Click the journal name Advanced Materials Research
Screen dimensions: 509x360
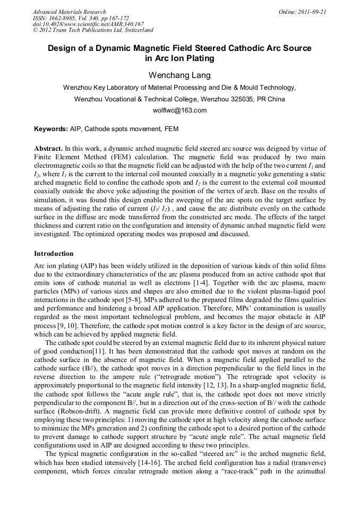69,12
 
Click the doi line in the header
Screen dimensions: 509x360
88,24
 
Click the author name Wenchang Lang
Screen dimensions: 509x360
179,75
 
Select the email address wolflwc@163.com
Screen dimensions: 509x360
179,110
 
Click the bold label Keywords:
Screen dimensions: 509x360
50,128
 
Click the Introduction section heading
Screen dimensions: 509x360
54,254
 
